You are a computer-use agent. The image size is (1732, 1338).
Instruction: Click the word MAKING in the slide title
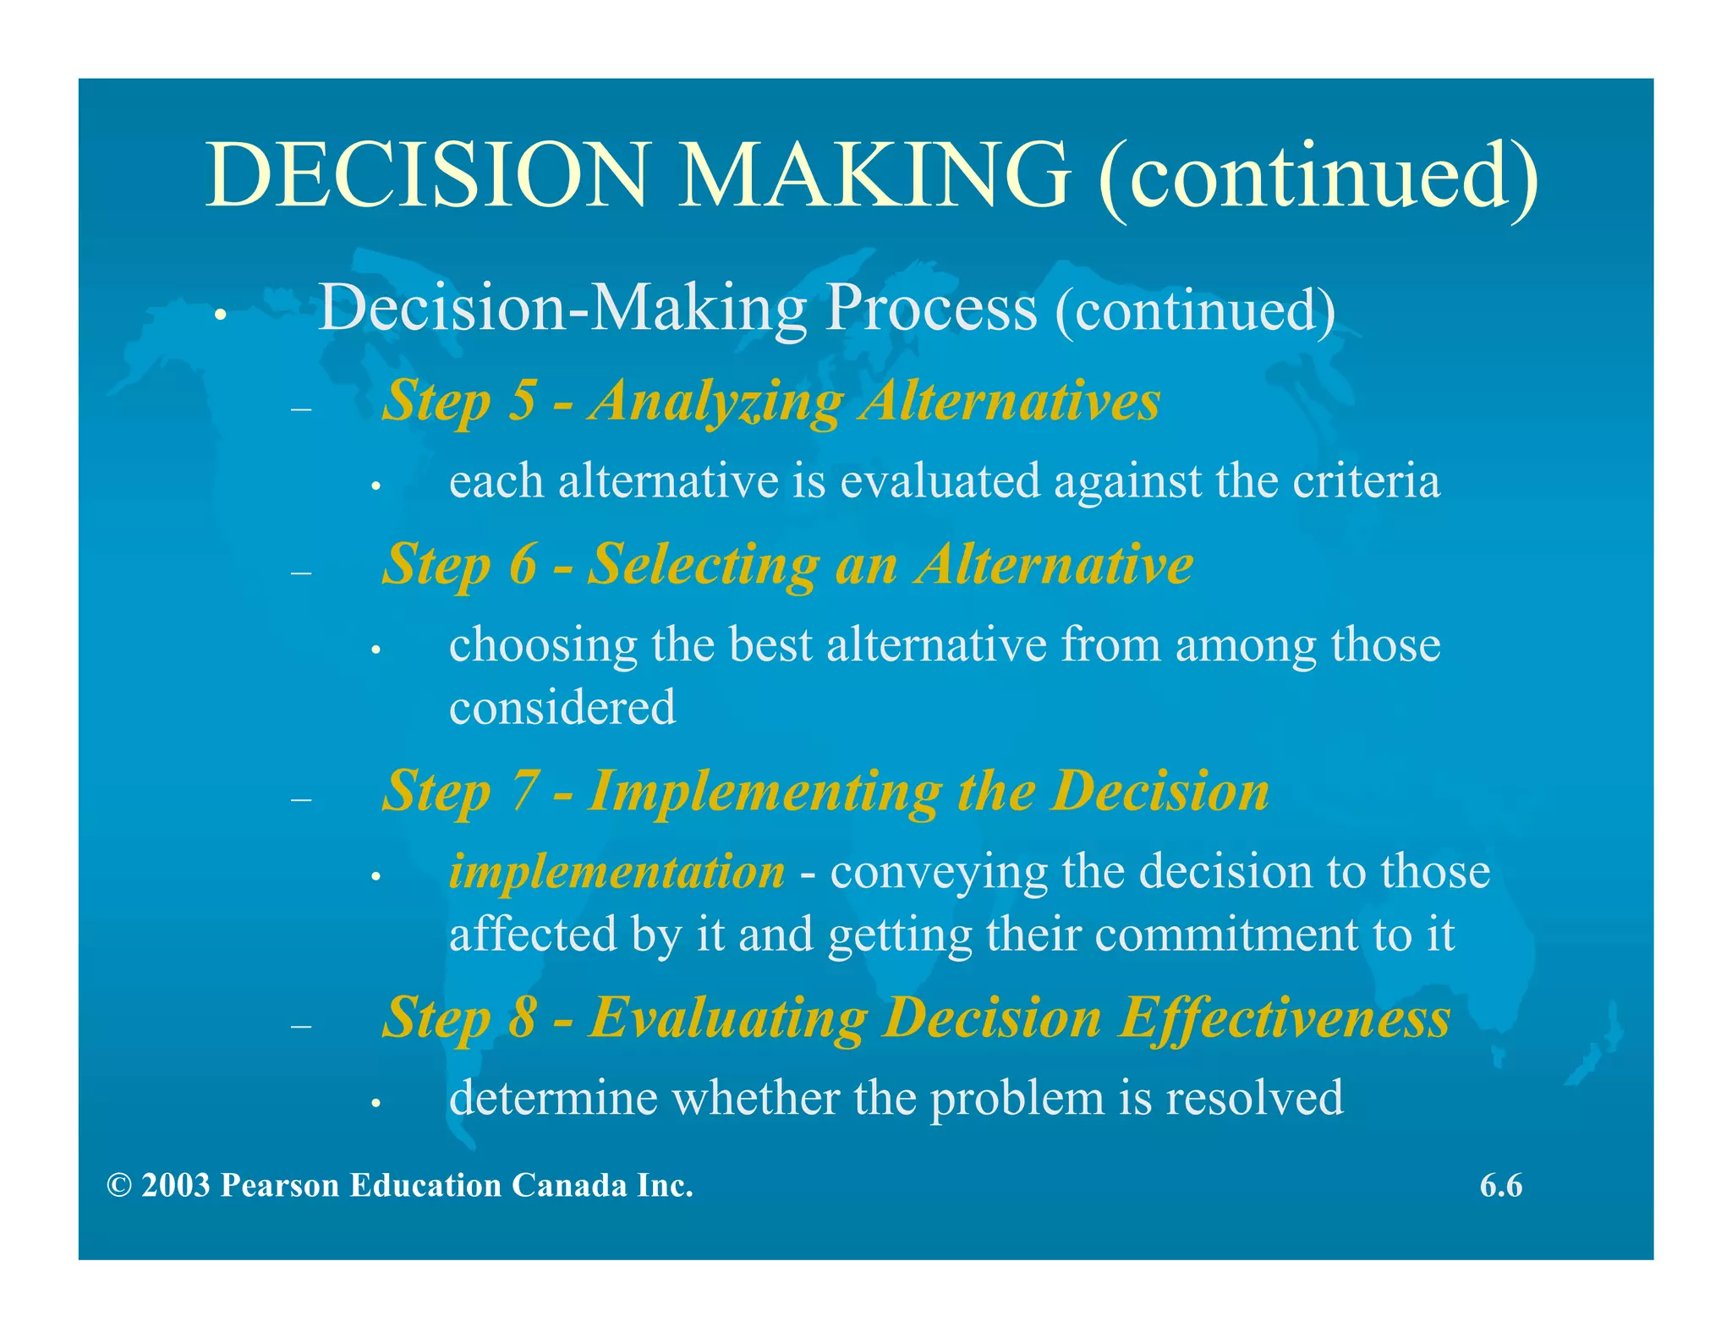874,175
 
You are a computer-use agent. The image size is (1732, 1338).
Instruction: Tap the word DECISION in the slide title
427,175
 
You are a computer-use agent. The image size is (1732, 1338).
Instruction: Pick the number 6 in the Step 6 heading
522,564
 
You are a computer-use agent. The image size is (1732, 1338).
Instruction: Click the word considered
562,707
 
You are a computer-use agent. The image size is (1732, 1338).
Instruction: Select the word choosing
543,647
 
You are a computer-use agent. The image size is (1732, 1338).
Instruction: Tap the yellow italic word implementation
617,872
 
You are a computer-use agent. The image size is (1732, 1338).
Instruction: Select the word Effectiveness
1285,1017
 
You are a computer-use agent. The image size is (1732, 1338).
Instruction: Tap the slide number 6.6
1500,1186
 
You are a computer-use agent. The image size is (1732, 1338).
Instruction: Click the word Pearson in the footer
280,1186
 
